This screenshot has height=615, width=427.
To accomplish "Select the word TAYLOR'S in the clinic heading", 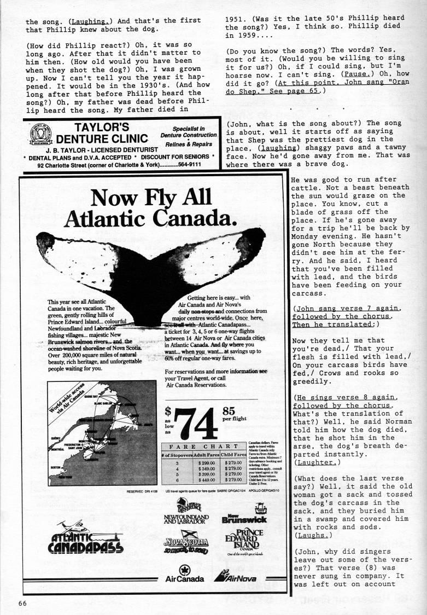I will tap(99, 127).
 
